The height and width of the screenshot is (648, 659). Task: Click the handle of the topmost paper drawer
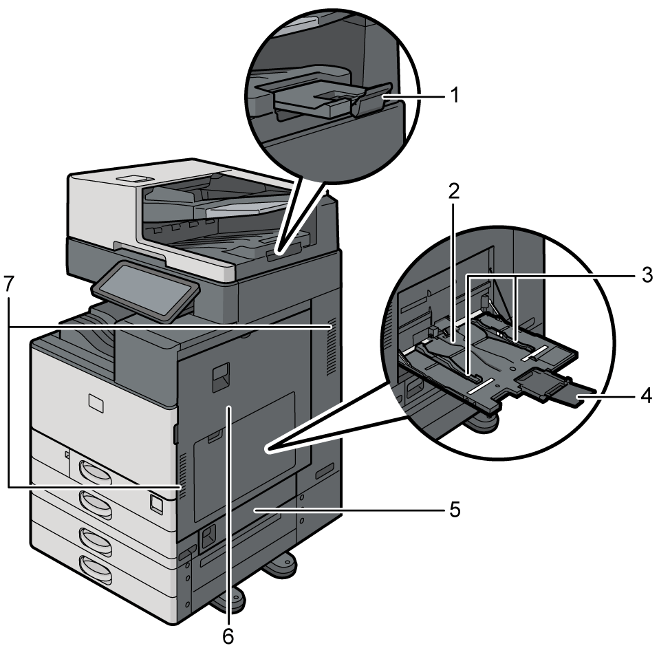[96, 472]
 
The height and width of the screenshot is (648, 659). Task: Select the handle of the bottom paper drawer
[96, 569]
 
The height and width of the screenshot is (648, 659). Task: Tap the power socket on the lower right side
[206, 534]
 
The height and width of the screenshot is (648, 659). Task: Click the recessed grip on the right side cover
[219, 378]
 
